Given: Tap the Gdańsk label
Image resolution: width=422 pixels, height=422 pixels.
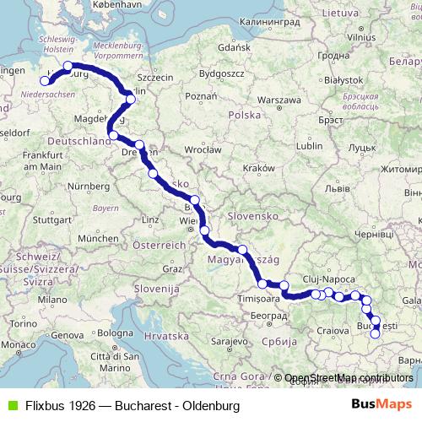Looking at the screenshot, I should (235, 48).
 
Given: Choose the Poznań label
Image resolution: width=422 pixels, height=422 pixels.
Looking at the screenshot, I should (202, 96).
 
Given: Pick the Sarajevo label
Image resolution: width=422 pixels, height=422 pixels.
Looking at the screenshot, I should (225, 341).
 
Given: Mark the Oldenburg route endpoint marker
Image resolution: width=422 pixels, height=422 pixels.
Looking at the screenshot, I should (46, 81).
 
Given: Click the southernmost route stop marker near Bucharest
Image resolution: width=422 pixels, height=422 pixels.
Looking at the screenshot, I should (376, 333).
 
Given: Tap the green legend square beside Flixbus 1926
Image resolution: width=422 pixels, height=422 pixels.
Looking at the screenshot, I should (9, 405).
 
